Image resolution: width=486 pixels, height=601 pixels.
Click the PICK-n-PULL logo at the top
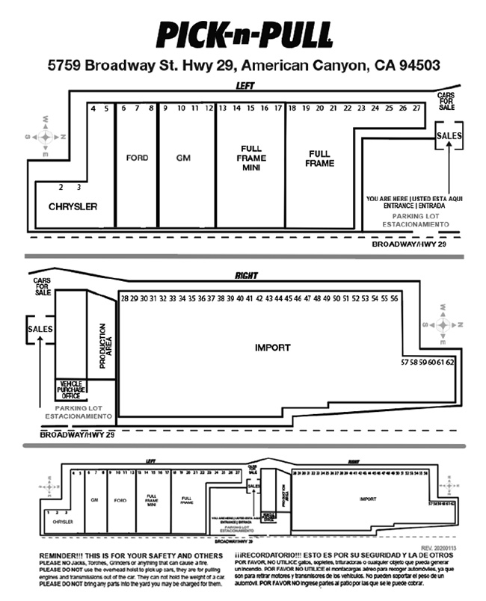pyautogui.click(x=244, y=34)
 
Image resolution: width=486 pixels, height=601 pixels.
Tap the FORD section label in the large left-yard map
pyautogui.click(x=137, y=158)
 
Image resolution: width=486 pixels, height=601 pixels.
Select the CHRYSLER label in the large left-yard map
pyautogui.click(x=73, y=206)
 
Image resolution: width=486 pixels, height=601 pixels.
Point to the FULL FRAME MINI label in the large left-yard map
pyautogui.click(x=250, y=158)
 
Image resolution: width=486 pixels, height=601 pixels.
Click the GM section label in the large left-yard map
pyautogui.click(x=184, y=158)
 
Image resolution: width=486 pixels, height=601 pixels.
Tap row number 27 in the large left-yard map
pyautogui.click(x=416, y=108)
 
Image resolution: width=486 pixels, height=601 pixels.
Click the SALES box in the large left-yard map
pyautogui.click(x=449, y=136)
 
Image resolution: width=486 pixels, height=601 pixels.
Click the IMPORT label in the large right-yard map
pyautogui.click(x=272, y=348)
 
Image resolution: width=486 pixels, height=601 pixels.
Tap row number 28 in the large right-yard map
pyautogui.click(x=124, y=298)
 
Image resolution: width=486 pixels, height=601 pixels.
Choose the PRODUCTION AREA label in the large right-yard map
pyautogui.click(x=105, y=347)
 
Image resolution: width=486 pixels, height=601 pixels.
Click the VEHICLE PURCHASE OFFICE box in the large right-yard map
pyautogui.click(x=73, y=389)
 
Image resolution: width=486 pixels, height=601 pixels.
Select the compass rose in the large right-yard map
pyautogui.click(x=443, y=324)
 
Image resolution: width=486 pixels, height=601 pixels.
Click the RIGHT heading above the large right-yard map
pyautogui.click(x=246, y=276)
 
